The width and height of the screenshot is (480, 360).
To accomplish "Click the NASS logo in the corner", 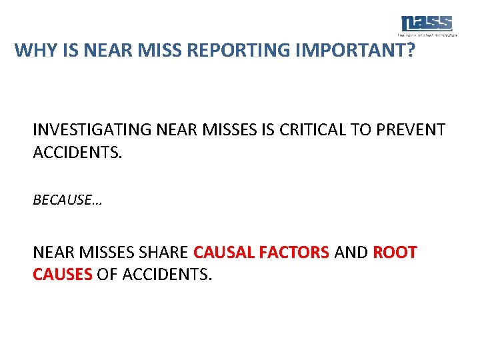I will coord(427,25).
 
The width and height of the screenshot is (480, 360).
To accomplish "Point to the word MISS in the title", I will coord(159,51).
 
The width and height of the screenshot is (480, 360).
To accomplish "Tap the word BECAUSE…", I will coord(67,200).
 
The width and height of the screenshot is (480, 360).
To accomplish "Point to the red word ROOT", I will coord(395,253).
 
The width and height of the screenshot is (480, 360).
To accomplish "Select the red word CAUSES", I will coord(62,274).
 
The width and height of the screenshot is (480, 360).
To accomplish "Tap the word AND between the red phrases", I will coord(351,253).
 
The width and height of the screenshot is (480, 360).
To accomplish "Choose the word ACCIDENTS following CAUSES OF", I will coord(167,274).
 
